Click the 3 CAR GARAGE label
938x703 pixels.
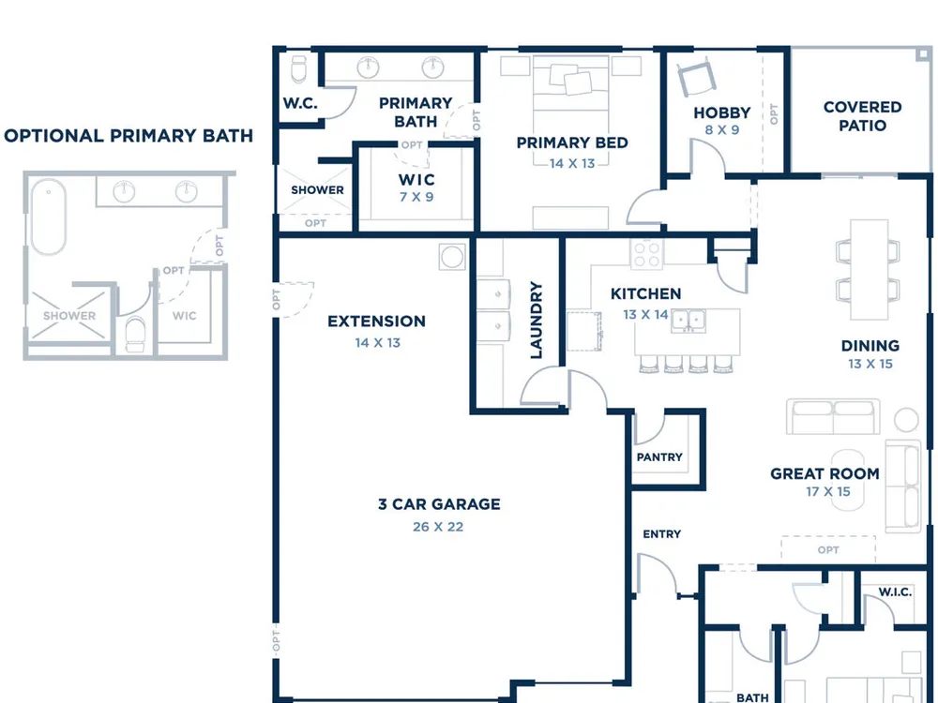(439, 504)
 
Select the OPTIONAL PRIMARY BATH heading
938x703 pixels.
(129, 136)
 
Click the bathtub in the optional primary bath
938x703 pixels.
(48, 217)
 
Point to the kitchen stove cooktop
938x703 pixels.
(646, 254)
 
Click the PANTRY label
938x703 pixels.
(659, 457)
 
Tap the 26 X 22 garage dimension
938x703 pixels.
(438, 527)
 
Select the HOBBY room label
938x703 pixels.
(722, 112)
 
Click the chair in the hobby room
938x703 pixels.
(696, 79)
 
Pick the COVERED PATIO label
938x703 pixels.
(863, 116)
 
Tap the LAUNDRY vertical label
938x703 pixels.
(536, 321)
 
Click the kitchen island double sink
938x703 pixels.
(688, 321)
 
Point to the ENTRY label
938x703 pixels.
(661, 534)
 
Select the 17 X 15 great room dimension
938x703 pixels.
(828, 491)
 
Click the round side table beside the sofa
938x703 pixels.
(906, 420)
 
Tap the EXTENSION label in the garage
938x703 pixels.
(376, 321)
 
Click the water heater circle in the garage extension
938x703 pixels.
(452, 257)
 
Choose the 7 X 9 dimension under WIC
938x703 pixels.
(416, 197)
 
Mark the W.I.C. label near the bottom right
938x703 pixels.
(895, 591)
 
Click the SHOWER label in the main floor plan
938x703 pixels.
(317, 190)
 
